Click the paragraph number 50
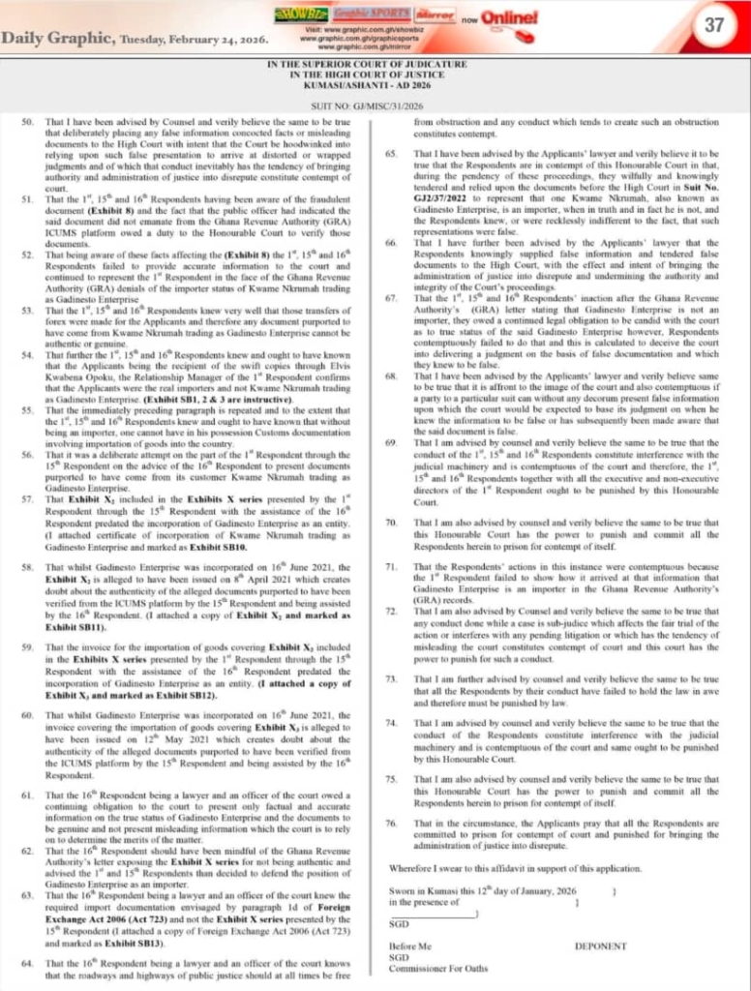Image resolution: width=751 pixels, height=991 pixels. click(x=27, y=122)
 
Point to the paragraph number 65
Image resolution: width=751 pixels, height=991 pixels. click(x=393, y=154)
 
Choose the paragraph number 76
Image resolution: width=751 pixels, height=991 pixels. click(x=393, y=823)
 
